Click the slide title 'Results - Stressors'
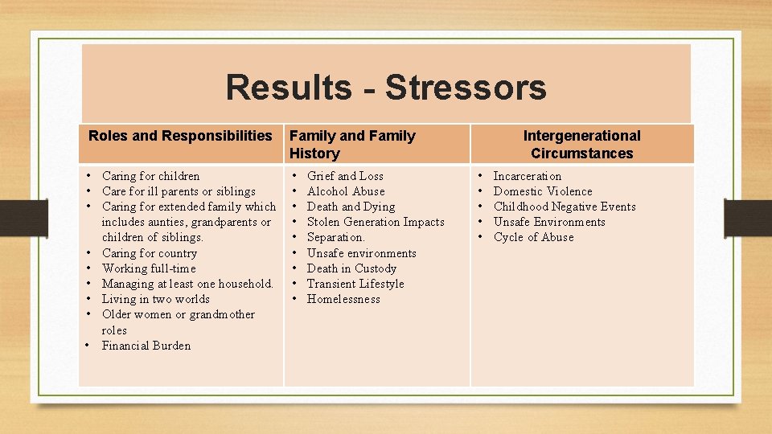pos(386,88)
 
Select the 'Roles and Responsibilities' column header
pos(180,136)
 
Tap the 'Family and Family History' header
pos(352,145)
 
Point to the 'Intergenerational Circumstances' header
pos(581,145)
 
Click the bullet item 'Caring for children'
pos(150,176)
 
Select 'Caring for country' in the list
pos(149,253)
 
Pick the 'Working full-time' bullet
pos(149,268)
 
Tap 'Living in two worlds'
pos(155,299)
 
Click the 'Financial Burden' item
pos(146,346)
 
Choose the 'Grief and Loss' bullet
pos(345,176)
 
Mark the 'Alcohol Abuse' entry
pos(346,191)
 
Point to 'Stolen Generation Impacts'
pos(376,222)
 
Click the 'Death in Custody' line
pos(351,268)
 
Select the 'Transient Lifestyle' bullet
pos(355,284)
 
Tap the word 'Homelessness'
pos(343,299)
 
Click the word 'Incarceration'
pos(528,176)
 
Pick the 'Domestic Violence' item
pos(543,191)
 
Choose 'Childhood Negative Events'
pos(565,207)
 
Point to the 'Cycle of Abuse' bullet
pos(533,237)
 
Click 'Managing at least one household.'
pos(187,284)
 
